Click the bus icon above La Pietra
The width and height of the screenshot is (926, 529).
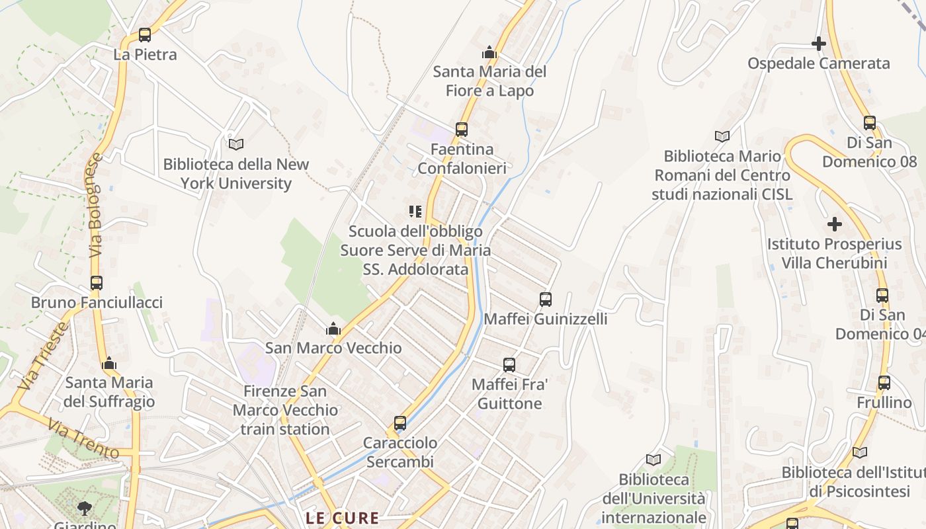pyautogui.click(x=144, y=35)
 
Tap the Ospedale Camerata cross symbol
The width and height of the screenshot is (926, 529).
pyautogui.click(x=819, y=44)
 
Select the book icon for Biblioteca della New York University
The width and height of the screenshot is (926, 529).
pyautogui.click(x=236, y=144)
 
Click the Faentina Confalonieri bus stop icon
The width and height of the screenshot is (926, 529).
pyautogui.click(x=462, y=130)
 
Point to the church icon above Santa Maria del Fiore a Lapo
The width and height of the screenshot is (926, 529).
pyautogui.click(x=489, y=52)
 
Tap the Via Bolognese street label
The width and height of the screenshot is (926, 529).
pyautogui.click(x=97, y=206)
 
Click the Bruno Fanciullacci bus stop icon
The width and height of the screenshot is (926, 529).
pyautogui.click(x=97, y=283)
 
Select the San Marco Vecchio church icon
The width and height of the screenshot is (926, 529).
pyautogui.click(x=333, y=329)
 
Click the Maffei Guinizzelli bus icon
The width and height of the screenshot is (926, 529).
pyautogui.click(x=546, y=300)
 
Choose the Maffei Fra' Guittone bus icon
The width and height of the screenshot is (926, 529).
pyautogui.click(x=509, y=365)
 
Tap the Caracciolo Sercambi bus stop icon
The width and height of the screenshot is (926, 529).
pyautogui.click(x=400, y=423)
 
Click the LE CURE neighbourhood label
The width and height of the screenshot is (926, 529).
pyautogui.click(x=342, y=518)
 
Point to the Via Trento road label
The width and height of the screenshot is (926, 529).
pyautogui.click(x=83, y=441)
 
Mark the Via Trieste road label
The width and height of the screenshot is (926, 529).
pyautogui.click(x=44, y=356)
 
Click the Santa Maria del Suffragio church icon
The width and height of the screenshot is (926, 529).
pyautogui.click(x=110, y=363)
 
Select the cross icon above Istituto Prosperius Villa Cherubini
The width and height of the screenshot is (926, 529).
pyautogui.click(x=835, y=224)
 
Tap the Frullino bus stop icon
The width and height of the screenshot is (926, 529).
pyautogui.click(x=884, y=382)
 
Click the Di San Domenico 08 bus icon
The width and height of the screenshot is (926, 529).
pyautogui.click(x=870, y=123)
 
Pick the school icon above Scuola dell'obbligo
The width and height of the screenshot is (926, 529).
pyautogui.click(x=415, y=212)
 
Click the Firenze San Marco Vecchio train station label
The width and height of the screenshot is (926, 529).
pyautogui.click(x=285, y=410)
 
